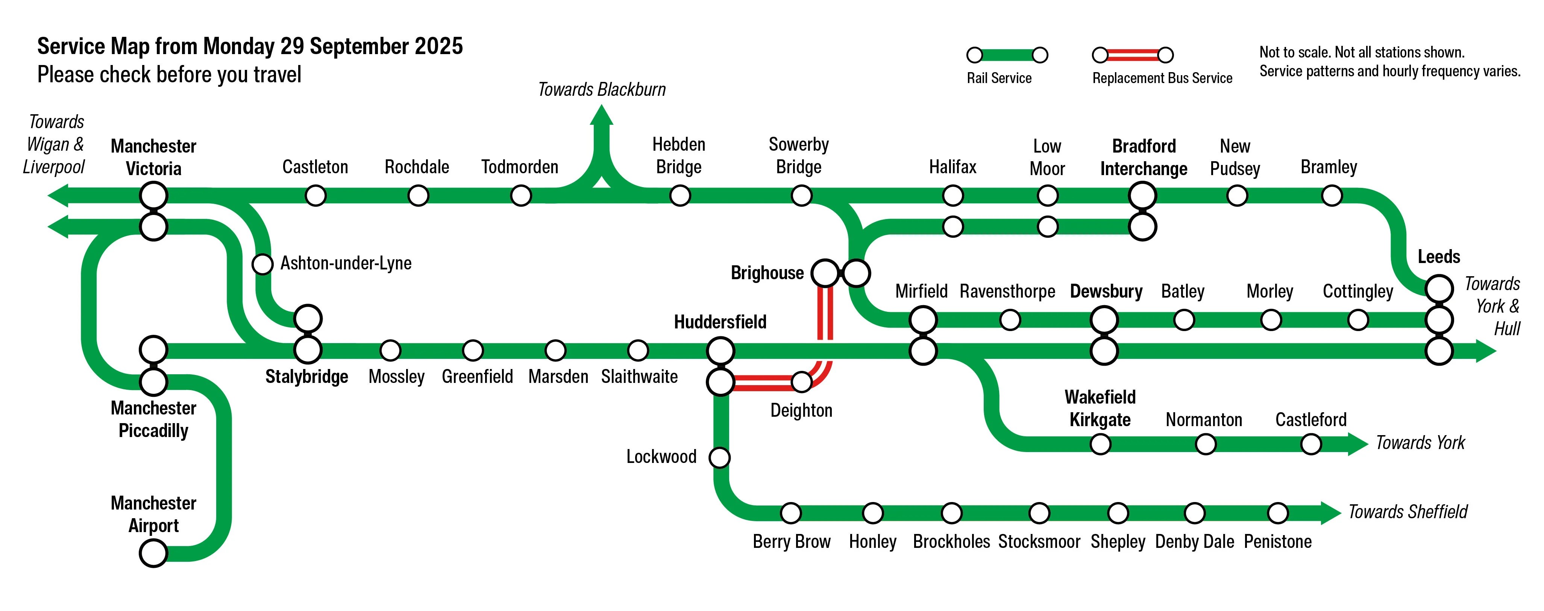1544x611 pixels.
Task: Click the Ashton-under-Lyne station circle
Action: (x=262, y=263)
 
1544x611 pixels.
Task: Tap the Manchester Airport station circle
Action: (x=153, y=553)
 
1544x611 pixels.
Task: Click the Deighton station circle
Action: (x=801, y=381)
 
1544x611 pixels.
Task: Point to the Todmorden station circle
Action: (x=521, y=195)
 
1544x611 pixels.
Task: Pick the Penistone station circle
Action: (x=1278, y=513)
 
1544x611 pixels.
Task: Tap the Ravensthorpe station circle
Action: (x=1010, y=320)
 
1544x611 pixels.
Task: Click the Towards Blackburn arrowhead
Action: (x=602, y=115)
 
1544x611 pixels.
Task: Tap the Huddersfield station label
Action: (x=720, y=322)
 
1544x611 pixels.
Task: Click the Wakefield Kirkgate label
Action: (x=1100, y=408)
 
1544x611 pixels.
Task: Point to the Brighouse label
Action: (x=767, y=273)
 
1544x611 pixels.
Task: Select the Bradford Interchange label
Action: (x=1144, y=157)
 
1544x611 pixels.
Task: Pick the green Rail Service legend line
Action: (x=1007, y=55)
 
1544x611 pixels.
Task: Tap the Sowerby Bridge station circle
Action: (x=801, y=195)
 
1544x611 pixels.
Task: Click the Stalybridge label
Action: (x=307, y=377)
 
